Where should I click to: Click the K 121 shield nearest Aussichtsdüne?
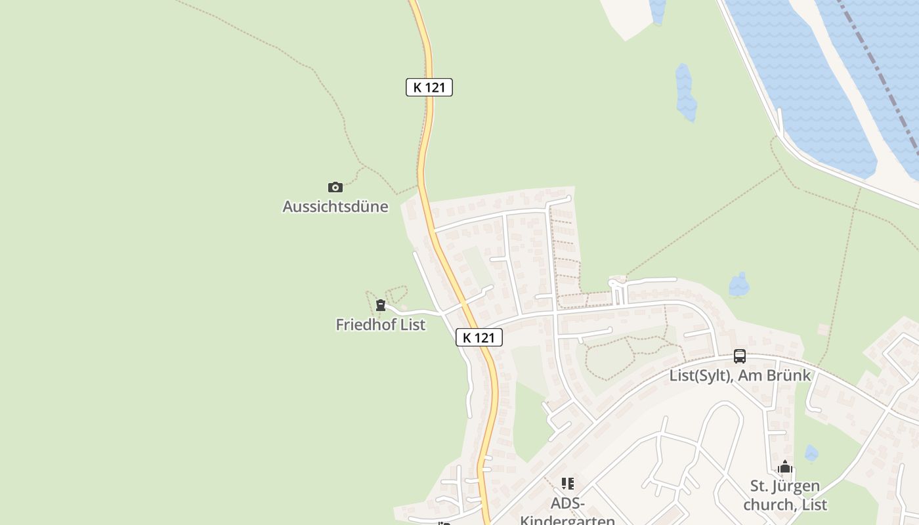pos(429,87)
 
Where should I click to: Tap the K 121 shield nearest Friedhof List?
pos(479,337)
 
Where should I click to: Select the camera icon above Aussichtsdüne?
pos(335,188)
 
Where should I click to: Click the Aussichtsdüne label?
pos(335,207)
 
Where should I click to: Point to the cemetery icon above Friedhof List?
pos(381,305)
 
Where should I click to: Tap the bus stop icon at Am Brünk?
pos(740,356)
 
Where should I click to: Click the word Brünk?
pos(790,375)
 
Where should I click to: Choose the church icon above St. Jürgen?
pos(785,467)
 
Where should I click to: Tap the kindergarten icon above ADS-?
pos(568,484)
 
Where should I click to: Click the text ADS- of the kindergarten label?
pos(568,503)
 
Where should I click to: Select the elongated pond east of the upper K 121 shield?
pos(685,93)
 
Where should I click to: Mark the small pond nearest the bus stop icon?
pos(739,285)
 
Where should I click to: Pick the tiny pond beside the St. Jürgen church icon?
pos(812,453)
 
